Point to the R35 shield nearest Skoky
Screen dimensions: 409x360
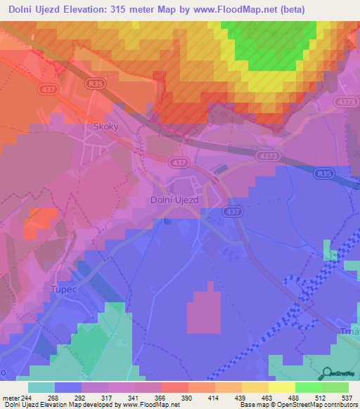[x=116, y=82]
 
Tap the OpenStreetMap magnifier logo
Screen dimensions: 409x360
[x=326, y=375]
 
